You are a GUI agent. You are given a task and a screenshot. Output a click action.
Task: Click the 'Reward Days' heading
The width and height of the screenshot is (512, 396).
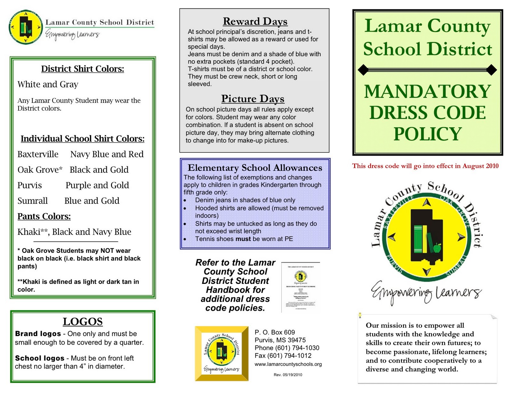(x=255, y=21)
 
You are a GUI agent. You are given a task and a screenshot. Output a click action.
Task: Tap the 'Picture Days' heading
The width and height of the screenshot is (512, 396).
(x=252, y=99)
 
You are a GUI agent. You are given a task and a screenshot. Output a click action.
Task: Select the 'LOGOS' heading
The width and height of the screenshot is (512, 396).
(x=83, y=321)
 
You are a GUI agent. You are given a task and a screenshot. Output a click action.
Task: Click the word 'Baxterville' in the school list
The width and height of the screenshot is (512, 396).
(x=38, y=154)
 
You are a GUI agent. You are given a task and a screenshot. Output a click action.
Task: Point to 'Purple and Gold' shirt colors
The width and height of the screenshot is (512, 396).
(x=97, y=186)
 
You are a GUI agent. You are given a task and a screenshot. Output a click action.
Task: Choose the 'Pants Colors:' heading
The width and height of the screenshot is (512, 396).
(x=44, y=217)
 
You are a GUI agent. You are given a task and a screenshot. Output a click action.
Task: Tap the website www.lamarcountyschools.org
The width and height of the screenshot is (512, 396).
(x=288, y=364)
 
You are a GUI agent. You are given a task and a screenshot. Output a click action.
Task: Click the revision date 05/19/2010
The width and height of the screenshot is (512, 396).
(x=288, y=375)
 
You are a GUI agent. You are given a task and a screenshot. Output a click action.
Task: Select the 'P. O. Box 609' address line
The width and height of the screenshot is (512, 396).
(x=275, y=333)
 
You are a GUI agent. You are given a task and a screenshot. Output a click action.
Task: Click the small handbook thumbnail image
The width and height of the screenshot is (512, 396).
(x=300, y=287)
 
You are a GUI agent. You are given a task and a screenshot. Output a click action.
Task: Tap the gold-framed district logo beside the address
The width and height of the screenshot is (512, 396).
(x=221, y=353)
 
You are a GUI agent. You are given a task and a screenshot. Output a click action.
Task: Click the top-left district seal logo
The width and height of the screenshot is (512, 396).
(x=26, y=27)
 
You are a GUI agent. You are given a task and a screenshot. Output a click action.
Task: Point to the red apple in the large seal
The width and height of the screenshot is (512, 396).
(x=437, y=247)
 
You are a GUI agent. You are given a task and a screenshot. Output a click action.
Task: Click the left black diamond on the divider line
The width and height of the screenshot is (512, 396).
(x=363, y=70)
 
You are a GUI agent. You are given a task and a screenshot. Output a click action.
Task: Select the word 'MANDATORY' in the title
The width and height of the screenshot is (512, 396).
(x=428, y=92)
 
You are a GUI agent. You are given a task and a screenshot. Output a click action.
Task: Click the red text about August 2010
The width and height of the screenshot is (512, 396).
(x=425, y=166)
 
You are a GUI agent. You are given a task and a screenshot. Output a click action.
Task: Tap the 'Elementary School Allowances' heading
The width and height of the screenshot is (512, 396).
(x=255, y=168)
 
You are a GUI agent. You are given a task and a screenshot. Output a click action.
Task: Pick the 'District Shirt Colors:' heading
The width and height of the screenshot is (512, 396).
(x=83, y=69)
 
